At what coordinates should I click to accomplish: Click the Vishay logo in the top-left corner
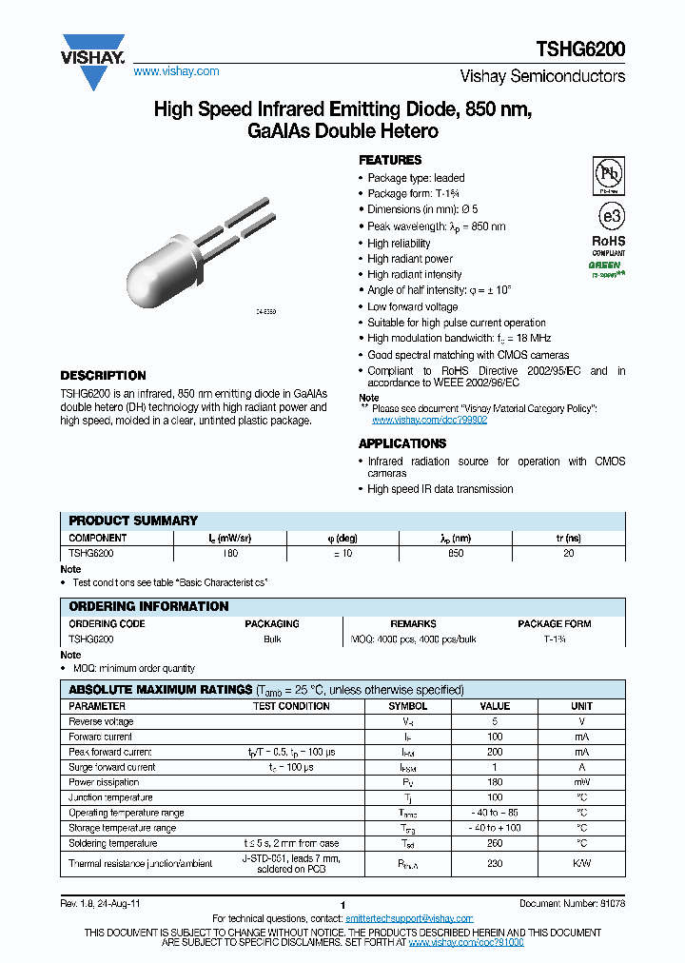coord(93,58)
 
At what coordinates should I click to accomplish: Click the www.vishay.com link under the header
coord(176,71)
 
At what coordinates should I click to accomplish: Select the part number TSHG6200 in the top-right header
coord(582,49)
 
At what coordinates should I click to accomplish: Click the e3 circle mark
coord(608,212)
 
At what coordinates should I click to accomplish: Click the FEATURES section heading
coord(389,161)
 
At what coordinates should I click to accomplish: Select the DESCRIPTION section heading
coord(103,376)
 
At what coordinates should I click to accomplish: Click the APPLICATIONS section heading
coord(401,443)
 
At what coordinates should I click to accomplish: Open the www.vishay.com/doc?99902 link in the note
coord(429,420)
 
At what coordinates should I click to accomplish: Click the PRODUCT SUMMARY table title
coord(133,521)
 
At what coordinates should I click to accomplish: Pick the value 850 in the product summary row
coord(456,552)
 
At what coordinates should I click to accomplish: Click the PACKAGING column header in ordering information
coord(272,624)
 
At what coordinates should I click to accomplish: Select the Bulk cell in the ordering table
coord(272,639)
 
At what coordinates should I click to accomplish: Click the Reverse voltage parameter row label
coord(101,721)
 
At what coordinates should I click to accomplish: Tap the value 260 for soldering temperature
coord(495,843)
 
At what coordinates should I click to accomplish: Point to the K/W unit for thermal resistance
coord(581,864)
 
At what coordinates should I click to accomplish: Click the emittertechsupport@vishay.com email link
coord(409,918)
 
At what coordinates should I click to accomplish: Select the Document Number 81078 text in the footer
coord(572,902)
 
